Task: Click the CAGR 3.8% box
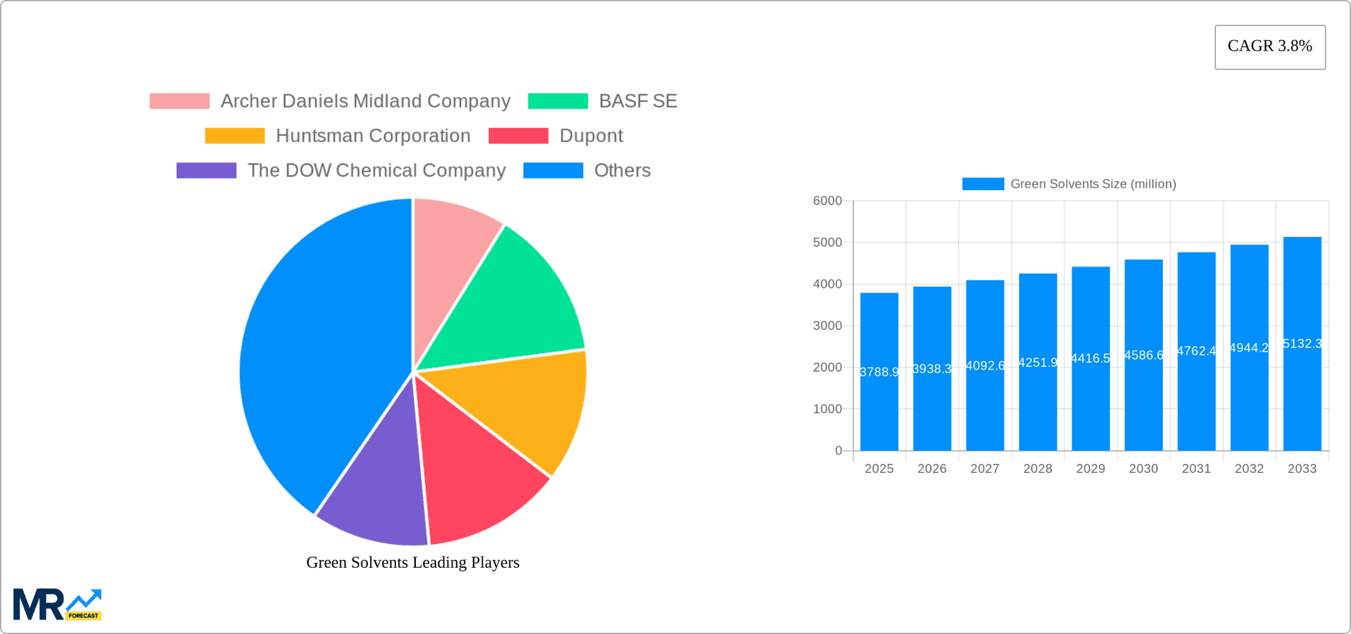click(x=1269, y=46)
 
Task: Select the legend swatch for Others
click(x=553, y=170)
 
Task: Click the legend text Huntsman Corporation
click(x=373, y=136)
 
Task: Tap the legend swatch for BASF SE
click(x=558, y=101)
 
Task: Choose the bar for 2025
click(x=879, y=394)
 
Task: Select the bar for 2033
click(x=1302, y=394)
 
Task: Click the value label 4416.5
click(x=1090, y=358)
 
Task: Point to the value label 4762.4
click(x=1196, y=350)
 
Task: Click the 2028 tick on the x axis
click(x=1037, y=469)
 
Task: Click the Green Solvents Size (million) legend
click(x=1070, y=184)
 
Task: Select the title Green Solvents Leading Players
click(x=412, y=562)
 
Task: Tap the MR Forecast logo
click(x=57, y=604)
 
